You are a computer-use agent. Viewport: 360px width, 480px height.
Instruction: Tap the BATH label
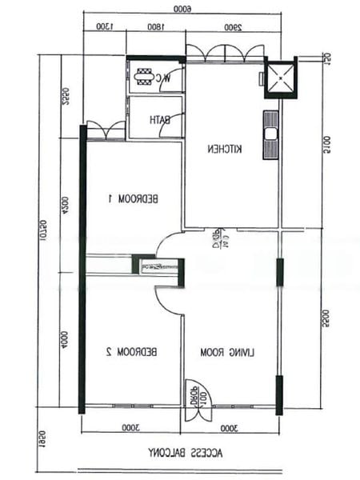point(160,120)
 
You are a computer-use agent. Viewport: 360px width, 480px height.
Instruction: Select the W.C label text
point(162,78)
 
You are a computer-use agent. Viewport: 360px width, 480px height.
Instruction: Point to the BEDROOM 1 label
point(133,198)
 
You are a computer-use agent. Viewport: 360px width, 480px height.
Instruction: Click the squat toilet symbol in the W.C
point(144,78)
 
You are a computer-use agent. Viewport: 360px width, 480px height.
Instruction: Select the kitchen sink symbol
point(270,135)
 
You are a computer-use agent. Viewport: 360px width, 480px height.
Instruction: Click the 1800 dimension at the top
point(157,26)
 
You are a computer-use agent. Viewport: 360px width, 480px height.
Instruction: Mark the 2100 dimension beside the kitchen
point(327,143)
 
